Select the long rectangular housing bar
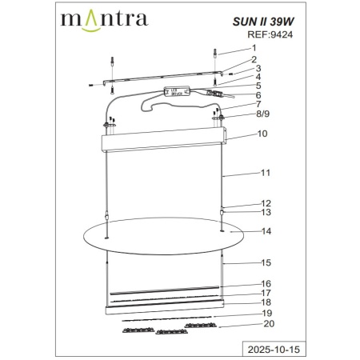162,143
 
